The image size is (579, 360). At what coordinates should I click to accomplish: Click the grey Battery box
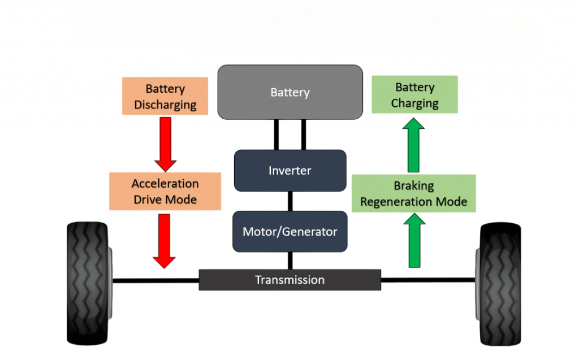[289, 92]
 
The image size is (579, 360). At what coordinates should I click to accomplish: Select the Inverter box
[289, 170]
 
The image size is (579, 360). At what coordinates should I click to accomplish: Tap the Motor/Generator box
[289, 231]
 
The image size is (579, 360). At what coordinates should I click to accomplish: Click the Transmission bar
[289, 280]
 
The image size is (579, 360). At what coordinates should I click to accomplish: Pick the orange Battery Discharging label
[165, 96]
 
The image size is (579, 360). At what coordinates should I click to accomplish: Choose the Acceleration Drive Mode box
[165, 191]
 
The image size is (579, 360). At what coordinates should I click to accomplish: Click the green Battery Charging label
[414, 95]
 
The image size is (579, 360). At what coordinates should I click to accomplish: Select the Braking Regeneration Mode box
[413, 193]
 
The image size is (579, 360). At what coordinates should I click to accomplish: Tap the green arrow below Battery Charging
[414, 145]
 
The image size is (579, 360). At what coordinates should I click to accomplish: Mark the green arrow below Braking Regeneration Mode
[414, 242]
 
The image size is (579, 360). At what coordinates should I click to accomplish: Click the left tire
[88, 283]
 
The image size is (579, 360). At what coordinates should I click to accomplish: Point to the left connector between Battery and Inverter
[276, 135]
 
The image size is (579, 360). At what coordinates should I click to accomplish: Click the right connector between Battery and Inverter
[304, 135]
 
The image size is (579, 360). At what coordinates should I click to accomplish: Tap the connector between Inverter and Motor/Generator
[290, 201]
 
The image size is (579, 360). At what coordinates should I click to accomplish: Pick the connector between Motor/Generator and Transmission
[290, 261]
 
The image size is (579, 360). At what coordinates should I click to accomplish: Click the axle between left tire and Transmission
[155, 280]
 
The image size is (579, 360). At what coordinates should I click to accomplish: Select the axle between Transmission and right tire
[427, 280]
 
